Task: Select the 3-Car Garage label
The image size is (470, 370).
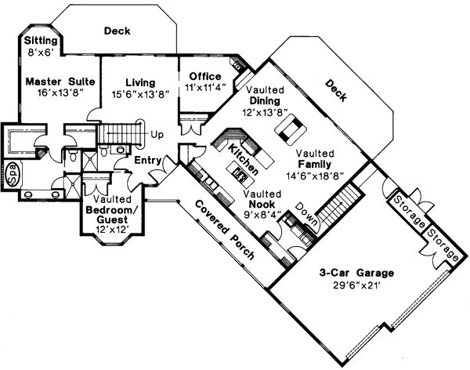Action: (x=356, y=273)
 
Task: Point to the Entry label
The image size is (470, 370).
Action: (x=147, y=161)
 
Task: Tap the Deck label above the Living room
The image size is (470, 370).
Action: (x=117, y=31)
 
